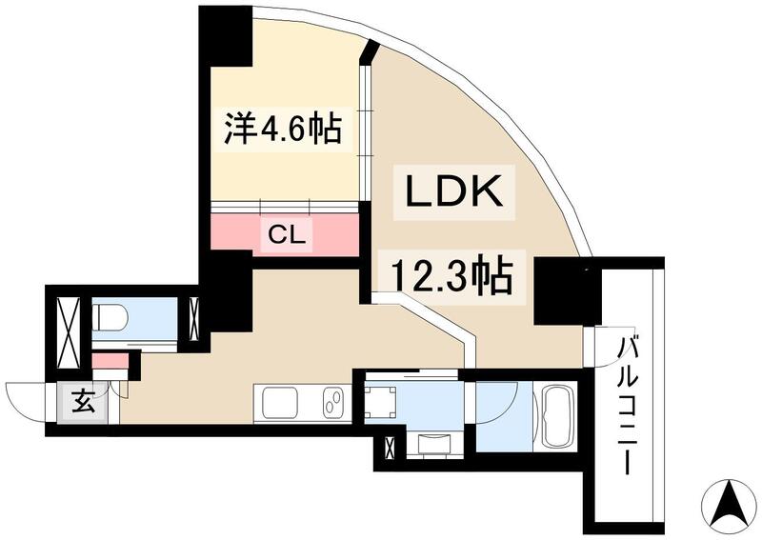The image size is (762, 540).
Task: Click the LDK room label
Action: coord(454,193)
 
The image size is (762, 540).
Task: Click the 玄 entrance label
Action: coord(84,401)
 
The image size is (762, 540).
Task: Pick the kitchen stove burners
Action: coord(332,403)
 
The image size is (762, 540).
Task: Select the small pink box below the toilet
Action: coord(110,362)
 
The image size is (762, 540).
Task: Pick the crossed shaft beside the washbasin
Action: coord(389,447)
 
